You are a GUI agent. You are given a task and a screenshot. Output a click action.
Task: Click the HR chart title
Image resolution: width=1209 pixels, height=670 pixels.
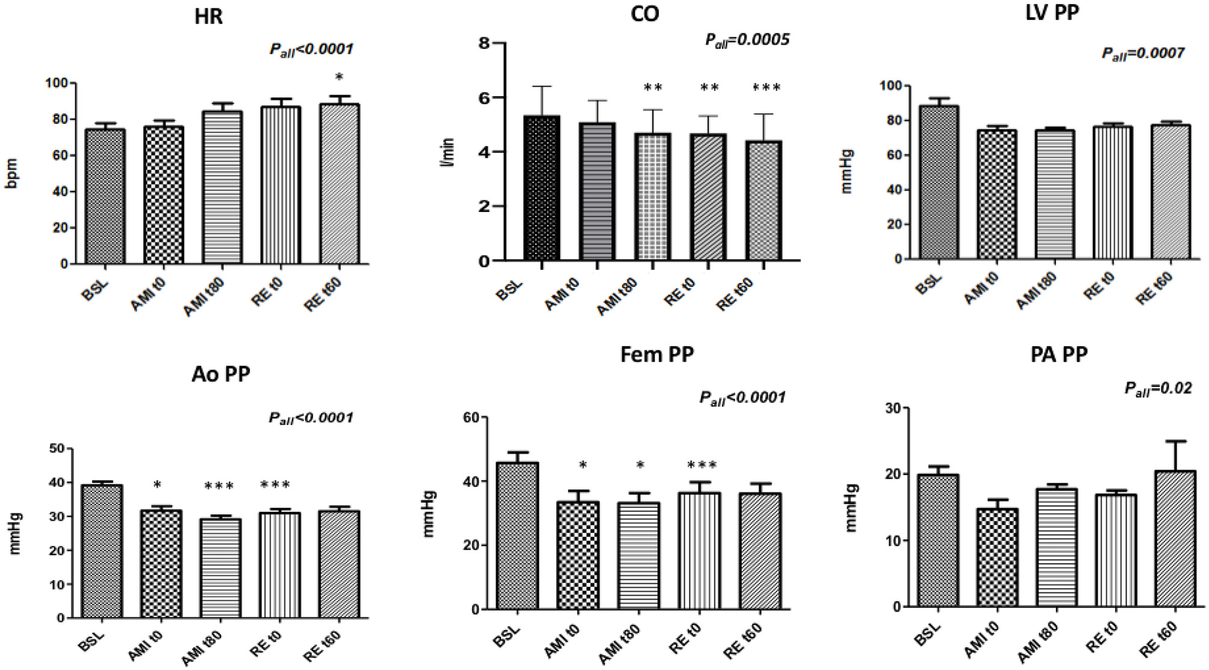[x=208, y=16]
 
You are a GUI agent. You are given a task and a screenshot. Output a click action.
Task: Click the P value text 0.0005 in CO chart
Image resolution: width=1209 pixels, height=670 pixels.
[x=747, y=40]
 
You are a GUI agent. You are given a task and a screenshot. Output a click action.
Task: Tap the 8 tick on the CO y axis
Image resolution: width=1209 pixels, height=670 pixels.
[x=482, y=43]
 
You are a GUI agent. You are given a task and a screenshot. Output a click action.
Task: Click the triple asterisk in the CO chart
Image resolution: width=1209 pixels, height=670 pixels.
[x=766, y=88]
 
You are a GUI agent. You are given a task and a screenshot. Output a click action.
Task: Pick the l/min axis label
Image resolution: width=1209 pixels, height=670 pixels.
[x=448, y=152]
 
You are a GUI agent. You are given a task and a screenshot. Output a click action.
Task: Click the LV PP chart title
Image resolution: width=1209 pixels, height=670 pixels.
[x=1052, y=13]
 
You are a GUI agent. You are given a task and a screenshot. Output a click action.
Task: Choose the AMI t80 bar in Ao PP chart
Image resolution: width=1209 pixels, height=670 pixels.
[x=220, y=568]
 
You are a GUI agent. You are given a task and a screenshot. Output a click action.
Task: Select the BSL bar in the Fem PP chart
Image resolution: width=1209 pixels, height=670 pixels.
[x=517, y=536]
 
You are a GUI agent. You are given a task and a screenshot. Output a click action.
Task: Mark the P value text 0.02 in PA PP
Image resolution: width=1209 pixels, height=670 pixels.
[x=1158, y=389]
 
